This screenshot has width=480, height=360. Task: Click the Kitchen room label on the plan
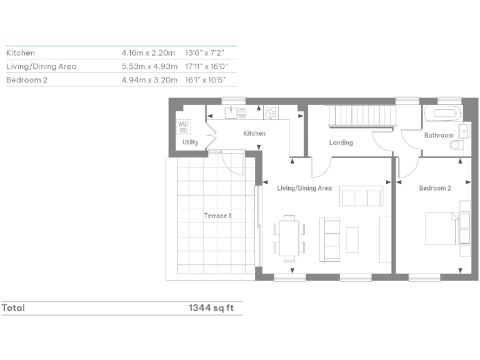tap(254, 133)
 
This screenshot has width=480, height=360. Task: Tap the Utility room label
tap(190, 142)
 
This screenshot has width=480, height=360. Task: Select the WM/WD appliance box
tap(184, 127)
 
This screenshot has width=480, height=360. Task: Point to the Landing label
tap(341, 142)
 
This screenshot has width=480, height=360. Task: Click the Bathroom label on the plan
tap(438, 135)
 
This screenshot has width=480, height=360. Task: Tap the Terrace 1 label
tap(217, 216)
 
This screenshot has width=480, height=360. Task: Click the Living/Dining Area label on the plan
tap(304, 188)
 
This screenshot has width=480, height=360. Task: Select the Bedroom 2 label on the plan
tap(434, 188)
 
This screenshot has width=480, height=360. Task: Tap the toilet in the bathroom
tap(456, 145)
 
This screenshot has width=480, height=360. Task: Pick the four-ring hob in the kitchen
tap(271, 113)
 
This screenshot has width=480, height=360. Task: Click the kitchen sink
tap(230, 113)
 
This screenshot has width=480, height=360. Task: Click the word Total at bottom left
tap(13, 308)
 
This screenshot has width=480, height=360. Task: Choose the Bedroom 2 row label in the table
tap(27, 80)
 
